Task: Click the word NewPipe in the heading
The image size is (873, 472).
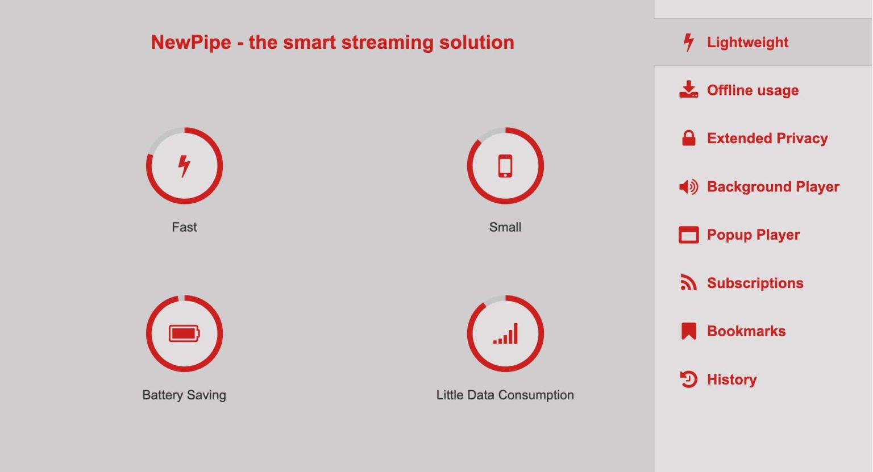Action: click(x=191, y=43)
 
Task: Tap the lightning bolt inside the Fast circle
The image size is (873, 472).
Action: click(x=184, y=166)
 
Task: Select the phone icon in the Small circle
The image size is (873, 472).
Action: click(x=505, y=166)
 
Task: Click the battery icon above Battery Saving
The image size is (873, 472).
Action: click(x=184, y=333)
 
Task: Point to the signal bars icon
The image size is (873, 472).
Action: click(x=505, y=334)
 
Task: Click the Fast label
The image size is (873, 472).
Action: click(x=184, y=227)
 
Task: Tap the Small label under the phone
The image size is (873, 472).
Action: click(x=505, y=227)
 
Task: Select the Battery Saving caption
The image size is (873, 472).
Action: click(x=184, y=395)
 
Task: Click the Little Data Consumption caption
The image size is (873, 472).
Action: click(x=505, y=395)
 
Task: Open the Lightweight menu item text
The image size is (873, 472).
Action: click(x=747, y=43)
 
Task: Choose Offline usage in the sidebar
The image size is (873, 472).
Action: click(x=753, y=90)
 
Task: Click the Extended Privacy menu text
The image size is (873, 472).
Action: click(x=767, y=139)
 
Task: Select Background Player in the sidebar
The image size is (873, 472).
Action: click(x=773, y=187)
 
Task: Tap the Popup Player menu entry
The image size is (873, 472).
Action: click(x=753, y=235)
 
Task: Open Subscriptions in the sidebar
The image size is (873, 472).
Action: click(x=755, y=283)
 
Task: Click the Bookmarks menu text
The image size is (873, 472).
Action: click(x=746, y=331)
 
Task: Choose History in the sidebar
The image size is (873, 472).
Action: click(x=731, y=379)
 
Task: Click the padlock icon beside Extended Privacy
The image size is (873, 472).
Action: click(x=688, y=138)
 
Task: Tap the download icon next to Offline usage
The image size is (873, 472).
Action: click(x=688, y=90)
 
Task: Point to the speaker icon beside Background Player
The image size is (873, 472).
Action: click(x=688, y=187)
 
